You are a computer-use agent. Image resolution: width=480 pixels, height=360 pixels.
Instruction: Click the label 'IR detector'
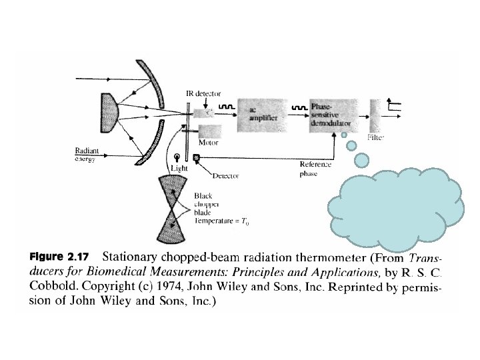pos(203,95)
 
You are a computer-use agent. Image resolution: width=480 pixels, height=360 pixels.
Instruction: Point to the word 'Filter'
pos(375,137)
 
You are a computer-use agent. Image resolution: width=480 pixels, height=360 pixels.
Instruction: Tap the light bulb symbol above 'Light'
pos(177,158)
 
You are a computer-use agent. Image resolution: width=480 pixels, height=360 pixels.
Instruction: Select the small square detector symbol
pos(196,158)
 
